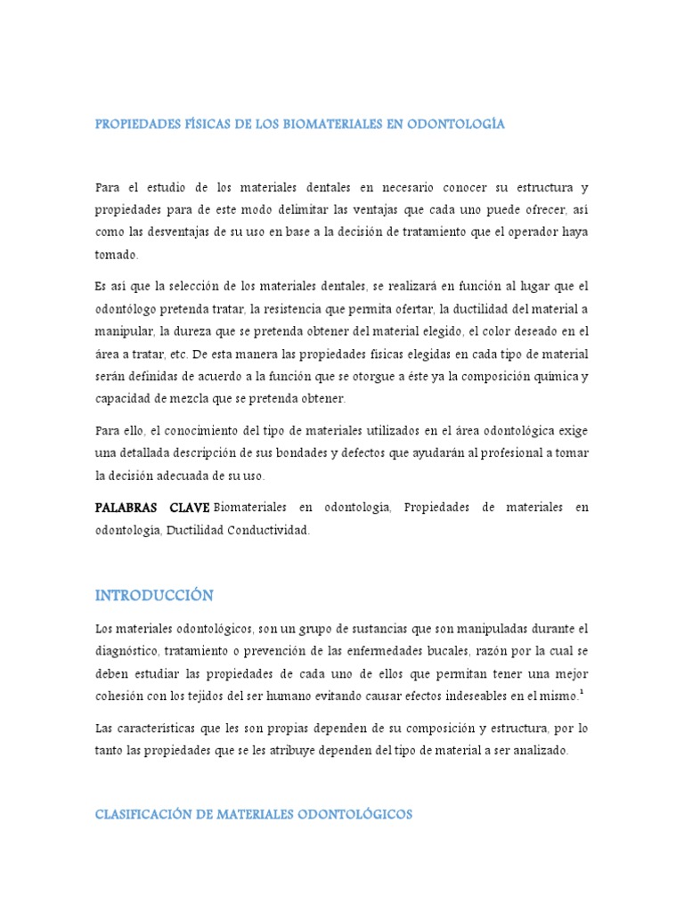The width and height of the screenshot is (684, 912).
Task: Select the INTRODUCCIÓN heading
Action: [154, 594]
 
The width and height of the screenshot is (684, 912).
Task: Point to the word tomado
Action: [117, 255]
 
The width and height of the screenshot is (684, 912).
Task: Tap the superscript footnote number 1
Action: [582, 689]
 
